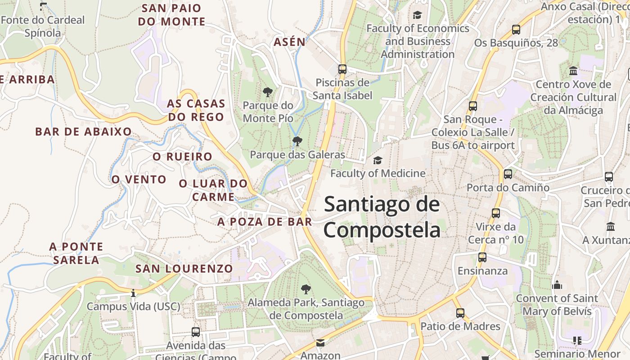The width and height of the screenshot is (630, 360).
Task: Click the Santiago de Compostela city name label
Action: tap(382, 217)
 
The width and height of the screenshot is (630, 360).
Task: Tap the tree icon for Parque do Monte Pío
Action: tap(268, 93)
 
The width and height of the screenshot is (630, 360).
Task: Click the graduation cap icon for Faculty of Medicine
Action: tap(378, 160)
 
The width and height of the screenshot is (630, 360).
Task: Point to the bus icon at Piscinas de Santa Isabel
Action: tap(342, 69)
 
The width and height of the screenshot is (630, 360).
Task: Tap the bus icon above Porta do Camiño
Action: tap(508, 174)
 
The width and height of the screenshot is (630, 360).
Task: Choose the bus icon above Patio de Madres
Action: tap(460, 313)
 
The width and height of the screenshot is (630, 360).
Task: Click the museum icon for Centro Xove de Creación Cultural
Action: tap(573, 71)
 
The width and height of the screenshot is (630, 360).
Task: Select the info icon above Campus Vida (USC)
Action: tap(133, 293)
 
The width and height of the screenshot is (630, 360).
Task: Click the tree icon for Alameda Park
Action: tap(306, 289)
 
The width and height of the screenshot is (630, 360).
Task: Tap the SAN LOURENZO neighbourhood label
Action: tap(184, 269)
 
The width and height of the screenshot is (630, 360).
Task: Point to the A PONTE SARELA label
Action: tap(76, 253)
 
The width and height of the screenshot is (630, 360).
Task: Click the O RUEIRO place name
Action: tap(182, 157)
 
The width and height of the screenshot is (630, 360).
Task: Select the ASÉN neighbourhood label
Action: tap(289, 42)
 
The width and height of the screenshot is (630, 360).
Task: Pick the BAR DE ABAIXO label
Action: tap(84, 132)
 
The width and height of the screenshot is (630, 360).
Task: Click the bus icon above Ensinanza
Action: tap(482, 258)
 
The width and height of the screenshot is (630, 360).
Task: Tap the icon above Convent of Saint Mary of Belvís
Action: tap(557, 285)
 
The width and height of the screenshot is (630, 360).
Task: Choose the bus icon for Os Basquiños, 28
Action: tap(516, 30)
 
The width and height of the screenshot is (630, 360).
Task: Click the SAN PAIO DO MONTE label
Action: tap(171, 15)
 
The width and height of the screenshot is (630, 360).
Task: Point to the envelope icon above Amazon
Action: tap(320, 343)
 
